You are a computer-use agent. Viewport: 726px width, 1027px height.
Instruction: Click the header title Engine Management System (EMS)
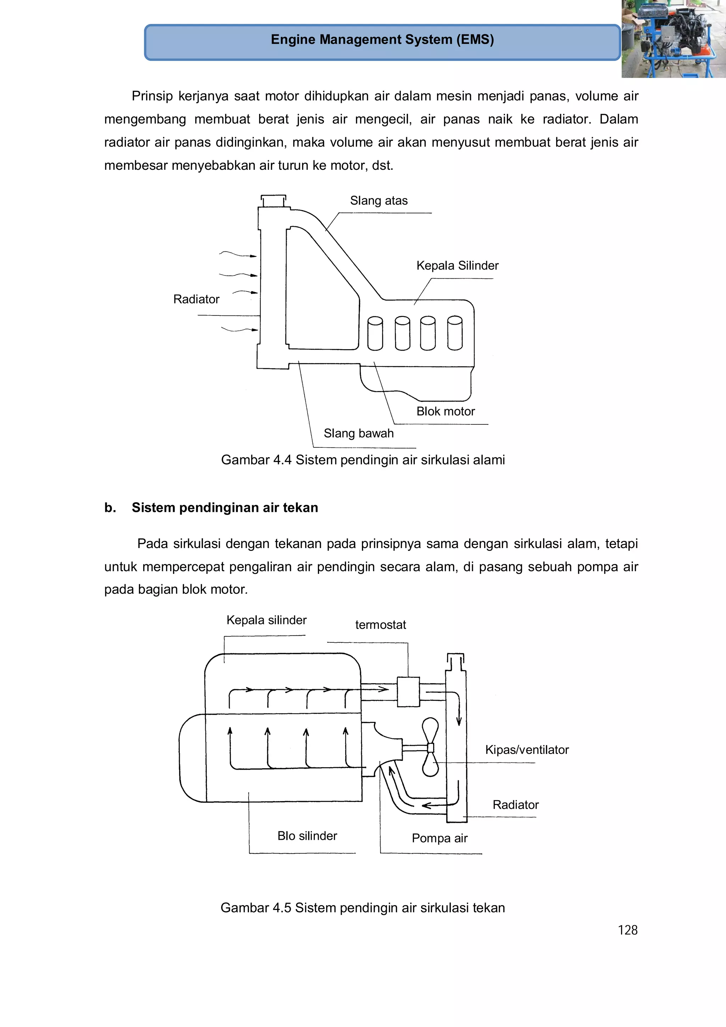[x=382, y=40]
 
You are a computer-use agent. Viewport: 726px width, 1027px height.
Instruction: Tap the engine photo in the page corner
[x=673, y=39]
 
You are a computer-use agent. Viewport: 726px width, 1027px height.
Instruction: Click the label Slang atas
[x=379, y=201]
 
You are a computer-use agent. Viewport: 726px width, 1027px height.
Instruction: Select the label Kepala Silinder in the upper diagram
[x=457, y=266]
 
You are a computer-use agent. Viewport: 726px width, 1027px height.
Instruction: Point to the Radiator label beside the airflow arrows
[x=196, y=299]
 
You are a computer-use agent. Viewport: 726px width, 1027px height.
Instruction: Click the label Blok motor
[x=446, y=412]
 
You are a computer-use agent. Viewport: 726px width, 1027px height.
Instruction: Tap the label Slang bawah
[x=358, y=434]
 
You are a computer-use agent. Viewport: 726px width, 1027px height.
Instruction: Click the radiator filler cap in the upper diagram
[x=273, y=200]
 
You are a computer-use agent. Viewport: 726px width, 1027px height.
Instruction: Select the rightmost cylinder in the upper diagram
[x=455, y=333]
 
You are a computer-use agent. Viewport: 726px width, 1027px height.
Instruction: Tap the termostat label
[x=380, y=625]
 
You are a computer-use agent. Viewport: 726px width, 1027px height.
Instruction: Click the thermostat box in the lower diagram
[x=408, y=692]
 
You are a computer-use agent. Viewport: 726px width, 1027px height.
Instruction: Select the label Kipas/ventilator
[x=526, y=750]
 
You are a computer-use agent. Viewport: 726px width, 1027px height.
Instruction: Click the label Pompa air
[x=439, y=838]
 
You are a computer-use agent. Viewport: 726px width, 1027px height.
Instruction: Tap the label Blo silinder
[x=307, y=836]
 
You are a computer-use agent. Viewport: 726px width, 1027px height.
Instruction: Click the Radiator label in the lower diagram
[x=515, y=805]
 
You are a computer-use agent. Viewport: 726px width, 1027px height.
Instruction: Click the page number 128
[x=627, y=930]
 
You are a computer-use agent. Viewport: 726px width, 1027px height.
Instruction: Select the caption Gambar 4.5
[x=362, y=908]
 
